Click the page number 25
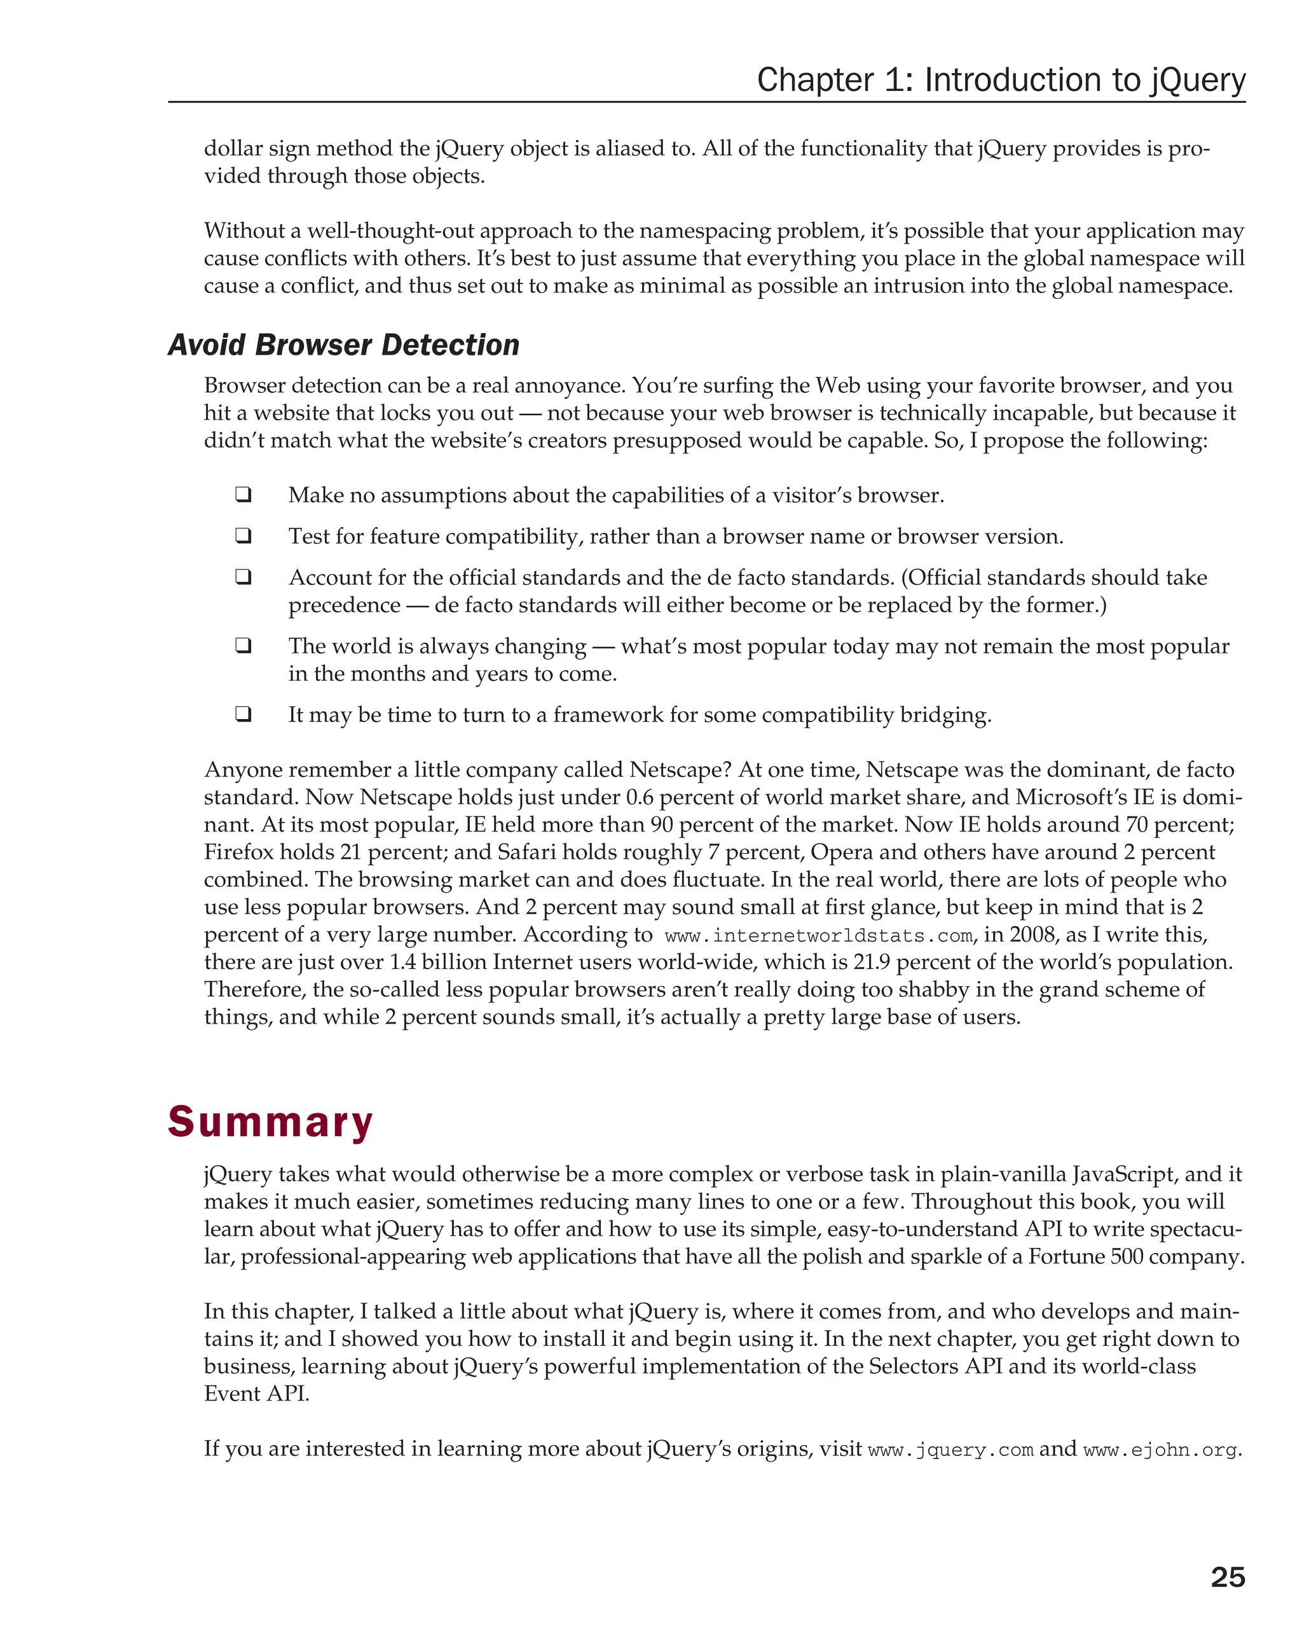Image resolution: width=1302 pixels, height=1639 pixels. (1227, 1577)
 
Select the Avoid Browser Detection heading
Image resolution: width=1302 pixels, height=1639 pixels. (343, 345)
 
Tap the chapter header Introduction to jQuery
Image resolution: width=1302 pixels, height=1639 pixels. (1000, 80)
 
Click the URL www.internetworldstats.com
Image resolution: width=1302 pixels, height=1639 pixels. (818, 936)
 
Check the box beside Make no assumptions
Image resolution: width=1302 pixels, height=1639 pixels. (243, 494)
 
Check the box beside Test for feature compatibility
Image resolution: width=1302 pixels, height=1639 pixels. (243, 535)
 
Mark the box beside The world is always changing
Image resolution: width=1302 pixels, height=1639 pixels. (243, 645)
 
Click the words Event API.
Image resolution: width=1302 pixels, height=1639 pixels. (256, 1394)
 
